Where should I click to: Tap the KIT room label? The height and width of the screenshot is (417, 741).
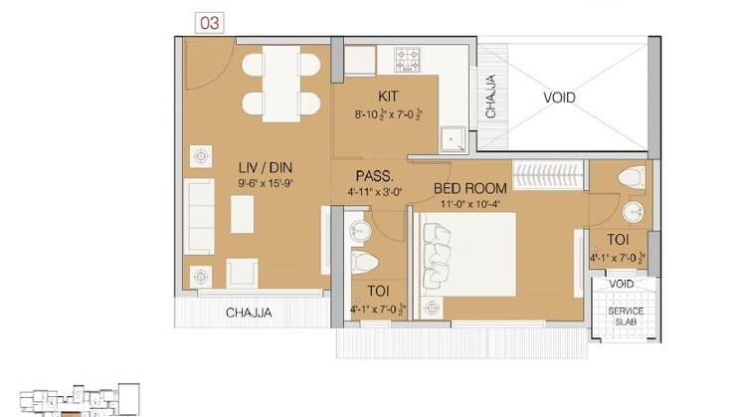coord(389,97)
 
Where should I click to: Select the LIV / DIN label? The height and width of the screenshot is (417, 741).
coord(264,168)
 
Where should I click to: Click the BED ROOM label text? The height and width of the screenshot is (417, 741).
coord(470,188)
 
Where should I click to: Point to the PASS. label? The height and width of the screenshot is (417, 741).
coord(373,175)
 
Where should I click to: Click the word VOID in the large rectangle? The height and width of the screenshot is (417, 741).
coord(558,98)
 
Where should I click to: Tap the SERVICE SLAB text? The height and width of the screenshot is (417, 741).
coord(620,317)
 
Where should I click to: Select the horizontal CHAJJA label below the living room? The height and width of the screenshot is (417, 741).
coord(248,313)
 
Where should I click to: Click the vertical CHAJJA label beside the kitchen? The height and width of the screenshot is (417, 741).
coord(490,97)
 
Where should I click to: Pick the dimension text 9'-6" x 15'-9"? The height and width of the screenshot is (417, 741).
coord(264,184)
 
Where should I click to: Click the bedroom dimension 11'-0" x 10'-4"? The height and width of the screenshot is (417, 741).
coord(470,204)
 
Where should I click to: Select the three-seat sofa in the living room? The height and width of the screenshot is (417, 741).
coord(200,213)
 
